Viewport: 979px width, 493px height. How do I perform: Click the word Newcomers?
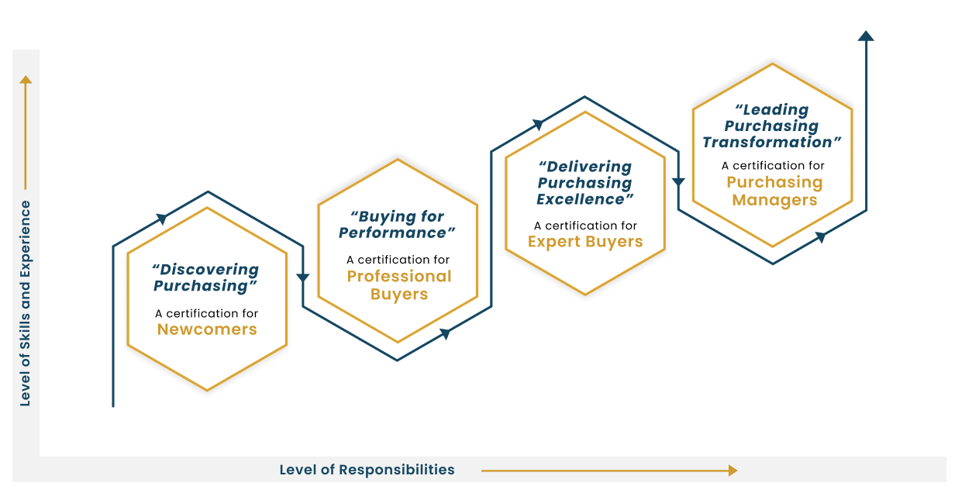[207, 329]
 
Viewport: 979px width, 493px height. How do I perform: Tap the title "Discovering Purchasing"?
[205, 278]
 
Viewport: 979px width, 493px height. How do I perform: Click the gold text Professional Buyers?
[398, 285]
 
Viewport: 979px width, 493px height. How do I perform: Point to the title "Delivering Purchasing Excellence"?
[585, 183]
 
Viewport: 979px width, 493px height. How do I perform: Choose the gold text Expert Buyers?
[585, 242]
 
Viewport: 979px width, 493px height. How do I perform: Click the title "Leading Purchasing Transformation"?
[772, 126]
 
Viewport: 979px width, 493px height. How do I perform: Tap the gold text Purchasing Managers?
[774, 191]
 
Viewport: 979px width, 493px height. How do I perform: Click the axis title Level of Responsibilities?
[367, 470]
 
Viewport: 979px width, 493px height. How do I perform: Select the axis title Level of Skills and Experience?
[26, 303]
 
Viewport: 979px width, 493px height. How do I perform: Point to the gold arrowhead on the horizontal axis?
[732, 470]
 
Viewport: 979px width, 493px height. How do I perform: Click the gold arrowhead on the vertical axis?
[26, 79]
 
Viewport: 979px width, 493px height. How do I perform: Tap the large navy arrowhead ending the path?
[866, 36]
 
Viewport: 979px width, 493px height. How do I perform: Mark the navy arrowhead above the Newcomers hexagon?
[162, 219]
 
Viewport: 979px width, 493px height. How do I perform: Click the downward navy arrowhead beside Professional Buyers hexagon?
[303, 278]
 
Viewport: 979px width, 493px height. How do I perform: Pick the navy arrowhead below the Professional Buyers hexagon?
[446, 333]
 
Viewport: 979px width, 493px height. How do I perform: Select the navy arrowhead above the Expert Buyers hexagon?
[538, 124]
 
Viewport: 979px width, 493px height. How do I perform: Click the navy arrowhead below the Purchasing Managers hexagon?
[820, 237]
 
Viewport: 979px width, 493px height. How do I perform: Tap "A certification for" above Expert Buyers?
[585, 226]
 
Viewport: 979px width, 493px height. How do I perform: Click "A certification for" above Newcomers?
[206, 313]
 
